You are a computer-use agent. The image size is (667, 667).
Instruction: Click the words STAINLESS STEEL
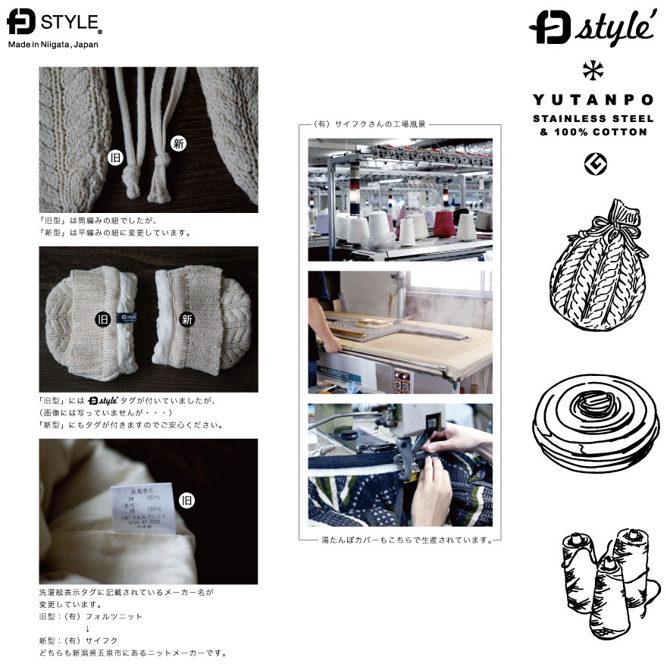tap(590, 118)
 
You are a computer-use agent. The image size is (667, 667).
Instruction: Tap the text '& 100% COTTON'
tap(590, 132)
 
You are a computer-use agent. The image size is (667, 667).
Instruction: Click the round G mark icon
tap(591, 162)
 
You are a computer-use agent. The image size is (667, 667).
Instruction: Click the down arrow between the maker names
tap(88, 628)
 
